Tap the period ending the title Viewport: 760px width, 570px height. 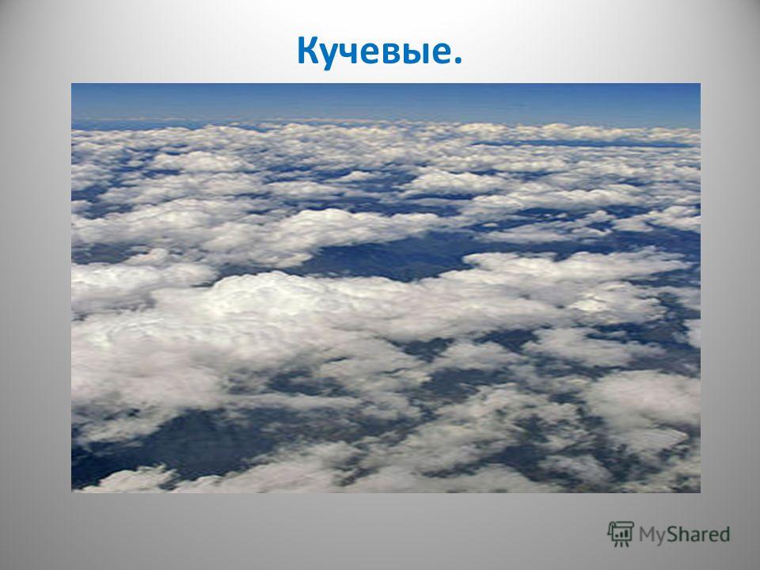click(x=457, y=60)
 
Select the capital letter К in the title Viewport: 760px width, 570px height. click(x=309, y=51)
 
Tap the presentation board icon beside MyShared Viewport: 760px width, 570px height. click(x=621, y=534)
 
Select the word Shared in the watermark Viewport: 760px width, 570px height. click(x=698, y=534)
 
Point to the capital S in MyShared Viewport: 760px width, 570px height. click(x=672, y=534)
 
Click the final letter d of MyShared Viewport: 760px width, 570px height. click(x=724, y=534)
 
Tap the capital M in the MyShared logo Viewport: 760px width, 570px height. click(x=647, y=534)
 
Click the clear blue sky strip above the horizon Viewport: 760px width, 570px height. click(x=386, y=102)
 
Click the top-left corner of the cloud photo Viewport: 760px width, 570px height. click(x=72, y=84)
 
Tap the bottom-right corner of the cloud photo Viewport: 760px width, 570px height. click(x=701, y=492)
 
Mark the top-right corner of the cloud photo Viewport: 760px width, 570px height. click(x=701, y=84)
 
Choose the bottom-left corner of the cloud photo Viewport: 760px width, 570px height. click(x=72, y=492)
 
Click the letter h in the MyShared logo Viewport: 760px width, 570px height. click(x=685, y=534)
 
